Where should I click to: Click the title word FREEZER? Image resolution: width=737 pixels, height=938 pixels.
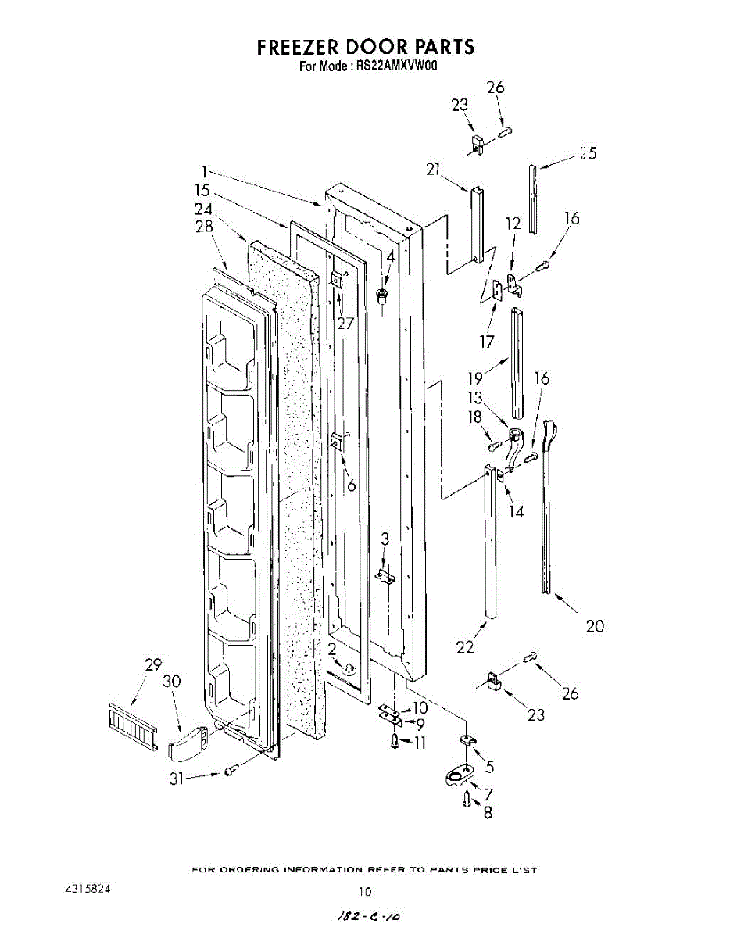[x=302, y=47]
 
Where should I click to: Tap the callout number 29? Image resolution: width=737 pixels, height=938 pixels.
[x=153, y=665]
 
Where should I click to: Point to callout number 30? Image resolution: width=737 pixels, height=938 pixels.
[x=172, y=681]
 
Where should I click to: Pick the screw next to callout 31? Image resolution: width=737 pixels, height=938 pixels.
[x=230, y=772]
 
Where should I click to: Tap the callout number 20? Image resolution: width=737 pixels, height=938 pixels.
[x=595, y=625]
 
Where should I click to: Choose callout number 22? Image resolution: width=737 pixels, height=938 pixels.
[x=465, y=646]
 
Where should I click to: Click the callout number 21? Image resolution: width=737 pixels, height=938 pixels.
[x=435, y=169]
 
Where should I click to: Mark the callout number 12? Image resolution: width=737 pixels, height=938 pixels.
[x=513, y=224]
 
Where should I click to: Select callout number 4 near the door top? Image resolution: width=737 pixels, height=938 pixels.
[x=389, y=256]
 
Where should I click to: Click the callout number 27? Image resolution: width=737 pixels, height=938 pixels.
[x=345, y=323]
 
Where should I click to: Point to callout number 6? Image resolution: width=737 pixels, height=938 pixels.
[x=352, y=485]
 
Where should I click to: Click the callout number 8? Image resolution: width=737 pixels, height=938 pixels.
[x=488, y=812]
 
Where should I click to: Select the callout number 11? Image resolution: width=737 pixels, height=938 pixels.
[x=420, y=742]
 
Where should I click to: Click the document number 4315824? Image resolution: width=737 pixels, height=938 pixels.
[x=88, y=890]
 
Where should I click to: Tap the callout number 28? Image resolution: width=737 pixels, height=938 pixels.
[x=204, y=227]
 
